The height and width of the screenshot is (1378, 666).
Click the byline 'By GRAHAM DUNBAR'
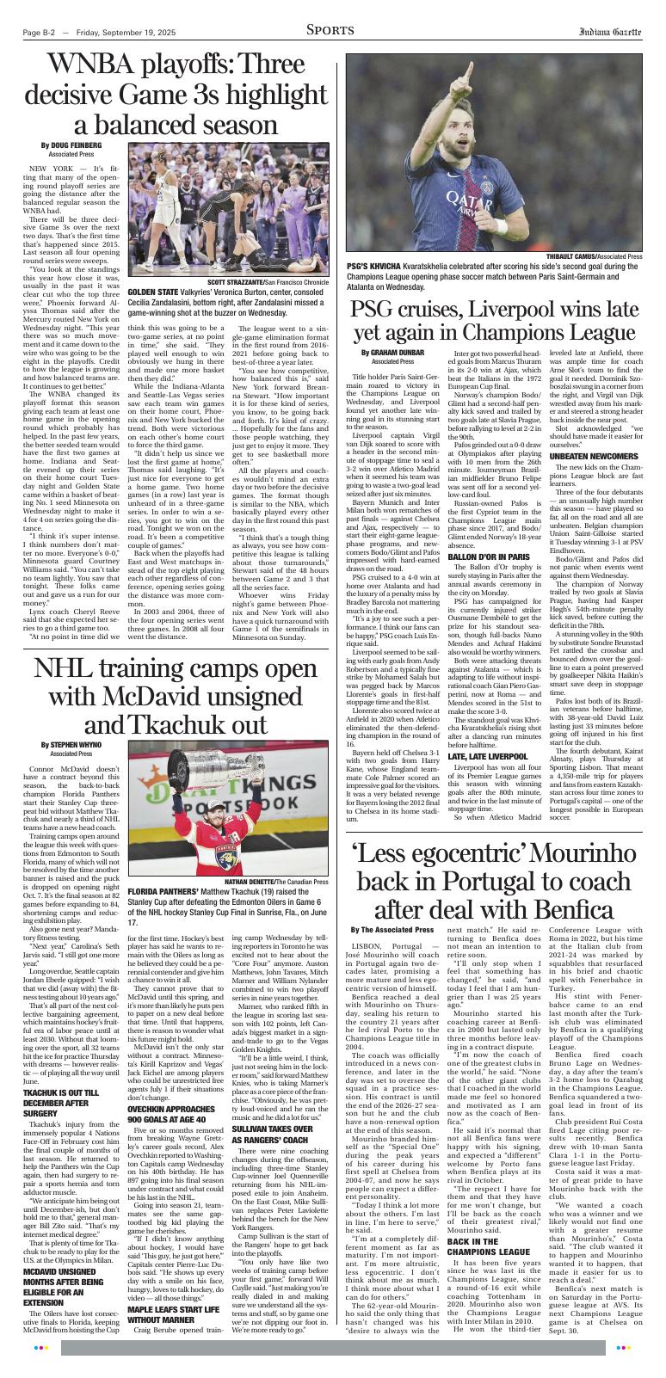coord(392,352)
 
